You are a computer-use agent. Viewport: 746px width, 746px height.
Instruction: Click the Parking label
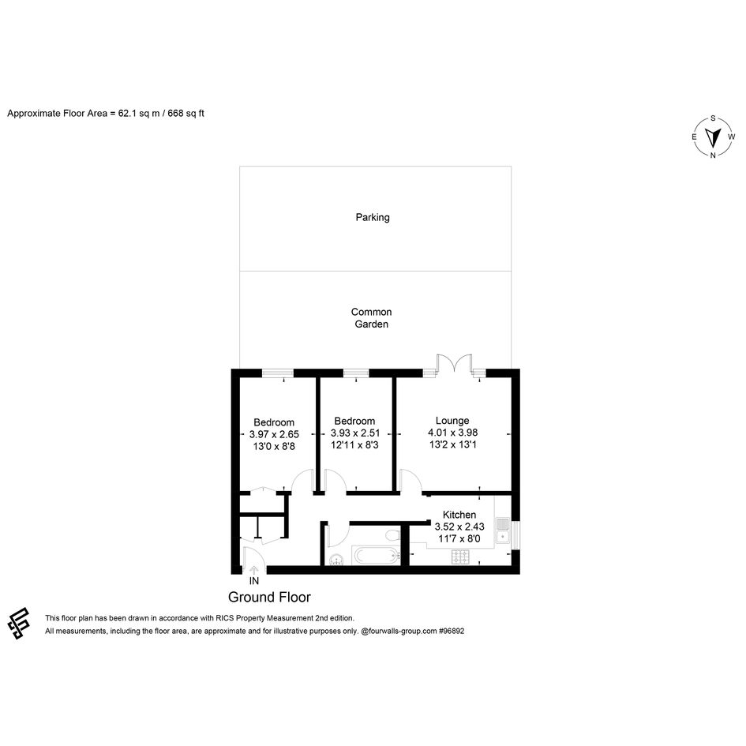click(373, 217)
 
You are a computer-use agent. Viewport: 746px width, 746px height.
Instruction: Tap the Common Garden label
click(372, 318)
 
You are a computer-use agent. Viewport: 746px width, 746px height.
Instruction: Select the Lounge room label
click(452, 421)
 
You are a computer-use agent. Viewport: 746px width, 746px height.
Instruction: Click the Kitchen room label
click(459, 514)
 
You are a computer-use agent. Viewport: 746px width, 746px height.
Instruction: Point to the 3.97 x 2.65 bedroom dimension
click(274, 434)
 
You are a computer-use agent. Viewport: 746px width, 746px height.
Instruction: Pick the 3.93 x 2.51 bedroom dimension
click(355, 433)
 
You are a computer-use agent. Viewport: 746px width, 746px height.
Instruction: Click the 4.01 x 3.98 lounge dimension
click(453, 433)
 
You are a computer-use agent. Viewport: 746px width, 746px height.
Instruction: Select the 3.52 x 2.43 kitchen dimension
click(459, 527)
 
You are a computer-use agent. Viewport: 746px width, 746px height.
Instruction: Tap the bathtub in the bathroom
click(377, 555)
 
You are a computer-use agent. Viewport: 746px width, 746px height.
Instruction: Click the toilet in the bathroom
click(393, 534)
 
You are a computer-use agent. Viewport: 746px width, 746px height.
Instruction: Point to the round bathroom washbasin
click(337, 560)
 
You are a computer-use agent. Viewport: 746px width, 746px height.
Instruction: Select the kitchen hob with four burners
click(460, 557)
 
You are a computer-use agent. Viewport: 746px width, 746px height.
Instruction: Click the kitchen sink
click(502, 530)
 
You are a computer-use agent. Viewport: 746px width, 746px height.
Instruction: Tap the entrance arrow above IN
click(254, 570)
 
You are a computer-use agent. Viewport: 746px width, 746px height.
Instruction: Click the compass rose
click(713, 137)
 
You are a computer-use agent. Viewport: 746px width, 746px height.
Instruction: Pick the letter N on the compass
click(713, 155)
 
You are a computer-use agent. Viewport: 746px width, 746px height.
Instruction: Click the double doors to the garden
click(455, 362)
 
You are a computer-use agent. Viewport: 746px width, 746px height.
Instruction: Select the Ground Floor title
click(269, 597)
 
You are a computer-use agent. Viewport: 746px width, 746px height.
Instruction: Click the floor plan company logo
click(19, 624)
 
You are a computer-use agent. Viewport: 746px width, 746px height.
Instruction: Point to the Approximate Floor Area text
click(106, 113)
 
